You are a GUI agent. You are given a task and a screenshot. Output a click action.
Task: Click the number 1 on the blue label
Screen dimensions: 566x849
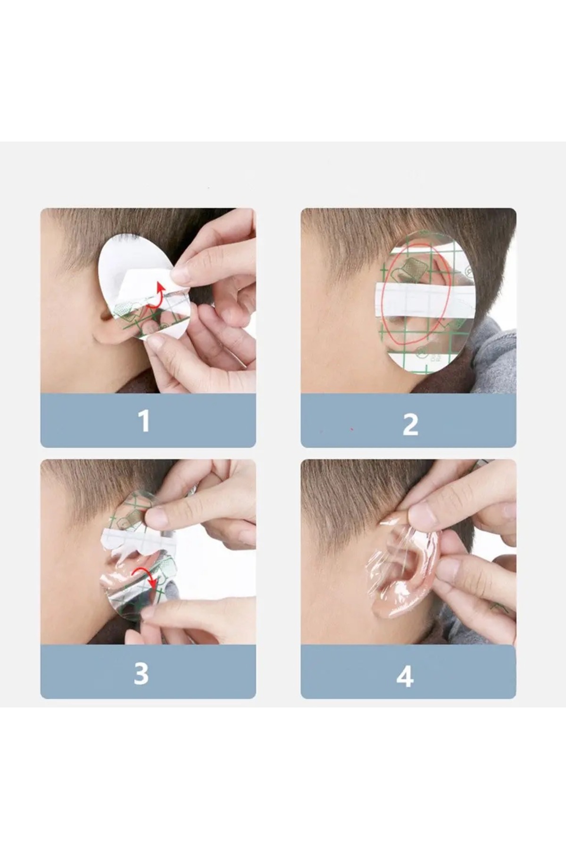(144, 421)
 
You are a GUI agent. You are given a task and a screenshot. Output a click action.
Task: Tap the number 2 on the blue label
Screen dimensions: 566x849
(410, 424)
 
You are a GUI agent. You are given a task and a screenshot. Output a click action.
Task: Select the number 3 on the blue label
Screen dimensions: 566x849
(141, 674)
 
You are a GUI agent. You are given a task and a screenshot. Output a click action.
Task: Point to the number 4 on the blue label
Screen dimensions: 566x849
(405, 676)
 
